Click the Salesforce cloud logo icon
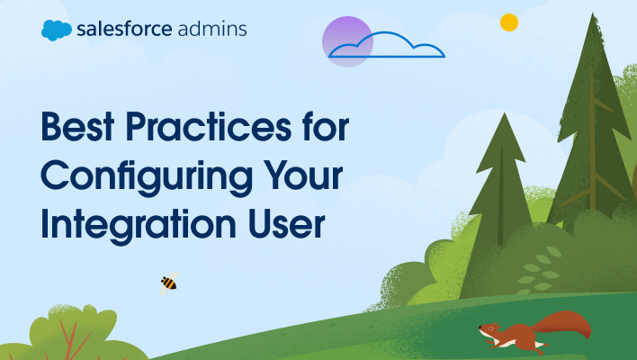pos(56,30)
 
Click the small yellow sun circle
pos(509,22)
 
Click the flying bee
pos(167,283)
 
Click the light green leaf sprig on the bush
pos(539,270)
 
